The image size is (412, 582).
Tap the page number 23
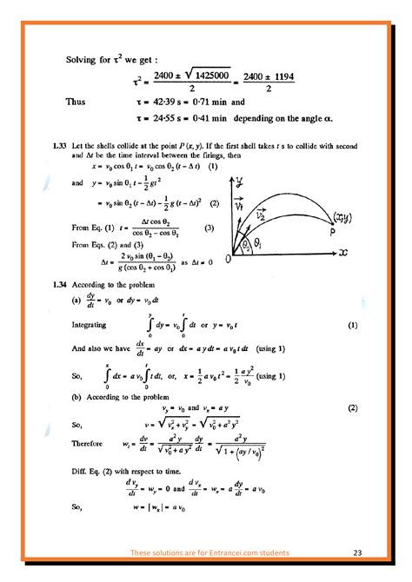pyautogui.click(x=358, y=552)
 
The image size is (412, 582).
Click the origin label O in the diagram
pyautogui.click(x=228, y=259)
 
